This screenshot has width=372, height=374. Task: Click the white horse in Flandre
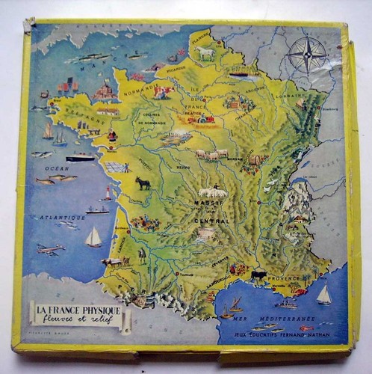point(205,54)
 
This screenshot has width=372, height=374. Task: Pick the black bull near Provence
point(258,275)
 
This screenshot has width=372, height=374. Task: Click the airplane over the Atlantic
point(49,249)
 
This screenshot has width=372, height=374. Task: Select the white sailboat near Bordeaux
point(93,238)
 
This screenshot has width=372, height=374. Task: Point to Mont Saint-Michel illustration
point(105,92)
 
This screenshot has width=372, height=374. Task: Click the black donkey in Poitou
point(141,183)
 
